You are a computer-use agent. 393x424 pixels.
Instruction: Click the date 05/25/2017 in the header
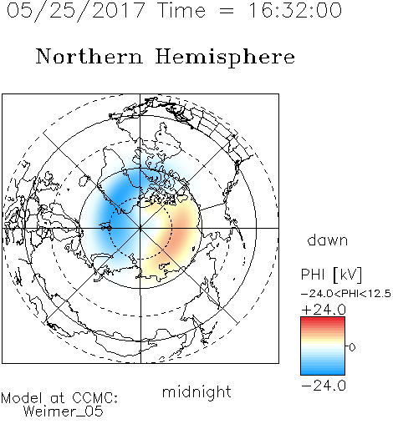pyautogui.click(x=76, y=10)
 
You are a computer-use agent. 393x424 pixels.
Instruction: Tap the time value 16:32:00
pyautogui.click(x=295, y=10)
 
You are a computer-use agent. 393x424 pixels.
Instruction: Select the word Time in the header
pyautogui.click(x=181, y=10)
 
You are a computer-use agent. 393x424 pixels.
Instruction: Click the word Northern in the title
pyautogui.click(x=89, y=56)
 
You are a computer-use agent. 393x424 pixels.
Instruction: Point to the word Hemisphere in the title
pyautogui.click(x=225, y=58)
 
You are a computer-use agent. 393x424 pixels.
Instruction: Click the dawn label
pyautogui.click(x=328, y=240)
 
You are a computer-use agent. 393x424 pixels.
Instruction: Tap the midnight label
pyautogui.click(x=196, y=391)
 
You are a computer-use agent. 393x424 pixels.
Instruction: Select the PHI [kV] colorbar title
pyautogui.click(x=331, y=275)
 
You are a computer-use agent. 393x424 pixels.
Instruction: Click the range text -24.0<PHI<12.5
pyautogui.click(x=346, y=294)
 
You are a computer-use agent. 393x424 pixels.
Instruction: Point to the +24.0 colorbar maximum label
pyautogui.click(x=324, y=310)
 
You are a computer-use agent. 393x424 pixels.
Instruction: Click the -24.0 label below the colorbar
pyautogui.click(x=324, y=386)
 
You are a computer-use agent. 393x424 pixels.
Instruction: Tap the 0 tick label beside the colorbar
pyautogui.click(x=352, y=347)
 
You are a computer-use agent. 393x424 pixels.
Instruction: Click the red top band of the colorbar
pyautogui.click(x=323, y=321)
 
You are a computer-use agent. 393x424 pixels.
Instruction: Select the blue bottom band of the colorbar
pyautogui.click(x=323, y=371)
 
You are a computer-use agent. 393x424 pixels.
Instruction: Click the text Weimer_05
pyautogui.click(x=64, y=411)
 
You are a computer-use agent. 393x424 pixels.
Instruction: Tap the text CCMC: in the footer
pyautogui.click(x=95, y=398)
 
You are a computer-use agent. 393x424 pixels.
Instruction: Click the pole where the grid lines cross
pyautogui.click(x=140, y=228)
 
